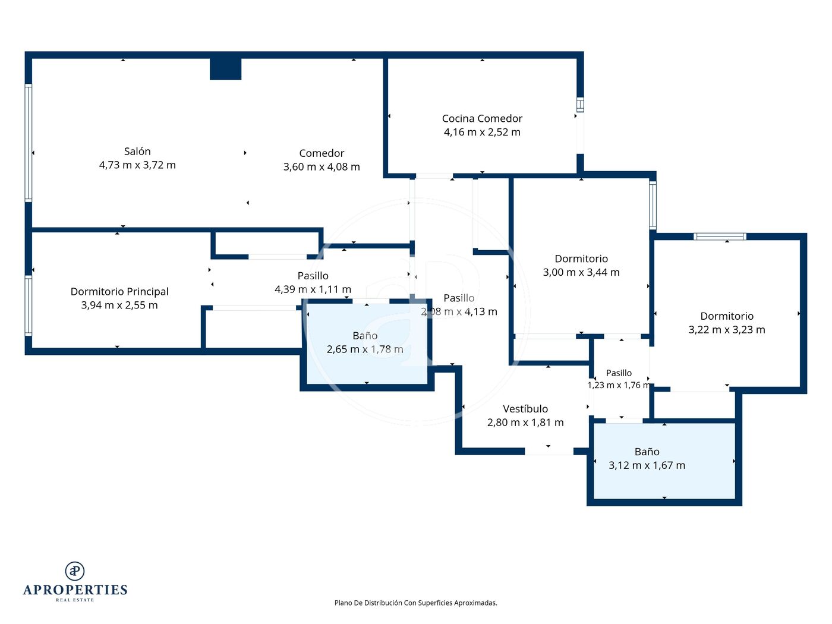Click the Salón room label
(137, 151)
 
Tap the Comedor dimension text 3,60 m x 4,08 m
(322, 167)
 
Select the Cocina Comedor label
(482, 119)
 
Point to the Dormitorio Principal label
(119, 291)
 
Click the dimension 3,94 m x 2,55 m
(119, 305)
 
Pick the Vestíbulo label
(525, 409)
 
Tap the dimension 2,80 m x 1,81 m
(525, 423)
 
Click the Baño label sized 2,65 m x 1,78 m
(365, 335)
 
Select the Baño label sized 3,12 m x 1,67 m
(647, 452)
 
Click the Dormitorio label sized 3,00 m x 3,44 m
(581, 259)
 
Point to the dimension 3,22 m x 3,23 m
(727, 330)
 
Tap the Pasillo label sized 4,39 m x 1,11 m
(313, 276)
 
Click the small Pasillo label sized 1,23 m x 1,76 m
(619, 373)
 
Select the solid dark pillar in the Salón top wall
(225, 69)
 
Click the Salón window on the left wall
(29, 143)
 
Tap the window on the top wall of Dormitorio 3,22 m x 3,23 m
(720, 237)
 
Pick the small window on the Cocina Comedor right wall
(580, 105)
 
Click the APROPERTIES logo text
(75, 590)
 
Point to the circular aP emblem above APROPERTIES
(75, 571)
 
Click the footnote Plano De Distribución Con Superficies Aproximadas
(415, 603)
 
